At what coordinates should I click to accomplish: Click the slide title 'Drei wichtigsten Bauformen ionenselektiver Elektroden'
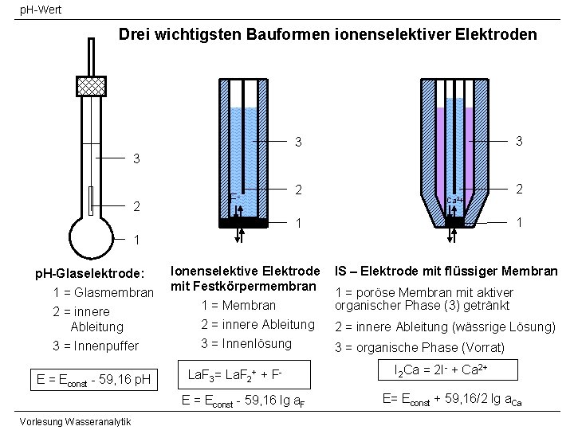pyautogui.click(x=328, y=35)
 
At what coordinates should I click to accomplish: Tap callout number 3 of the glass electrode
pyautogui.click(x=136, y=158)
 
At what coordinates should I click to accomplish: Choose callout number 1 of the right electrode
pyautogui.click(x=519, y=224)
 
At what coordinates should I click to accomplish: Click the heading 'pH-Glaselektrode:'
pyautogui.click(x=88, y=274)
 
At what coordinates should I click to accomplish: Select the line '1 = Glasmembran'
pyautogui.click(x=102, y=292)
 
